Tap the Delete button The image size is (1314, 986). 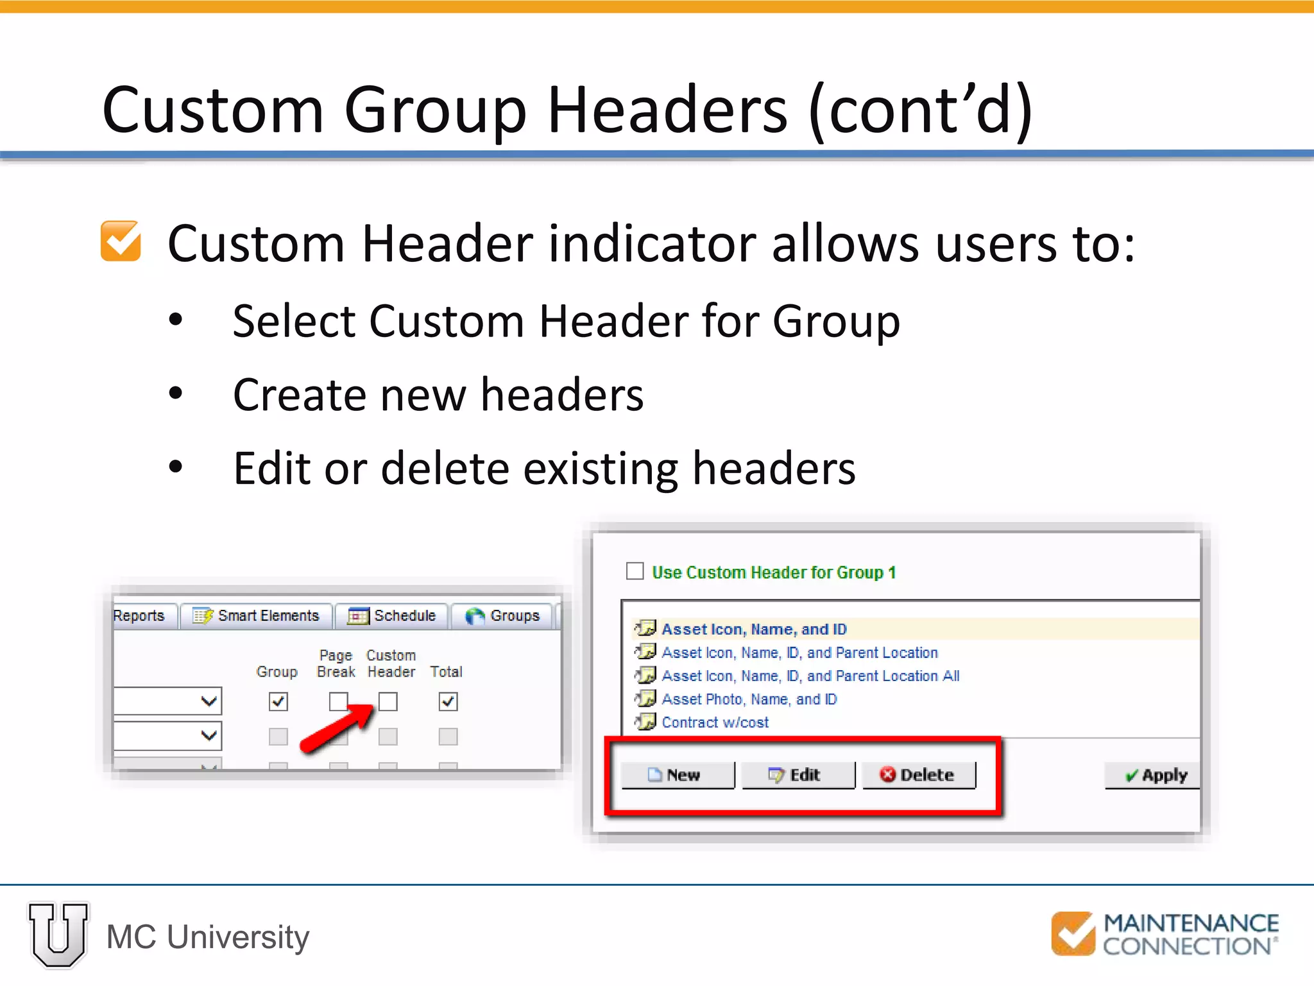(x=918, y=775)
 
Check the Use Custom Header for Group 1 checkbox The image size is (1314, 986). (x=635, y=571)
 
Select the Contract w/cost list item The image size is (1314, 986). (x=715, y=722)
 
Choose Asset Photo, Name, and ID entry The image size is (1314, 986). (x=749, y=699)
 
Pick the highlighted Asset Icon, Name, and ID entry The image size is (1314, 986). (x=754, y=629)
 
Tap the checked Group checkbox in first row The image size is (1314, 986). (x=278, y=702)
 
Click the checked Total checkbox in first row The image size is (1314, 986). (x=448, y=702)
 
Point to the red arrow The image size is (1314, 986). (x=337, y=729)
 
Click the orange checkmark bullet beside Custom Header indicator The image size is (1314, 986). (x=121, y=241)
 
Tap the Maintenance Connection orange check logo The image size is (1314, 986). (x=1072, y=934)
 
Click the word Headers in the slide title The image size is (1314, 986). (x=667, y=110)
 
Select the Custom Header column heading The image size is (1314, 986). (x=391, y=664)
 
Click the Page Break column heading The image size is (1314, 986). (x=336, y=664)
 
